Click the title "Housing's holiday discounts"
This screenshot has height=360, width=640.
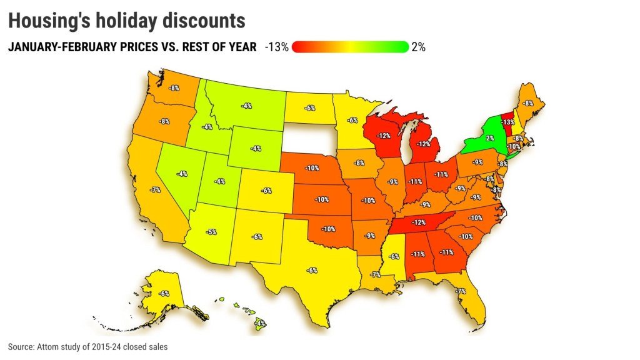click(126, 20)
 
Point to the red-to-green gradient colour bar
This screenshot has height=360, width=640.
click(350, 47)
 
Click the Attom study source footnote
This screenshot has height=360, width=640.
click(87, 346)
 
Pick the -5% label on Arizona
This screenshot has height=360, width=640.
click(212, 232)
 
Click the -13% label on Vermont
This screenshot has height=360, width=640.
click(507, 122)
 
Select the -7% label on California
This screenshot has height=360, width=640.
click(153, 189)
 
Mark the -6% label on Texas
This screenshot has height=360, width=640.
click(312, 270)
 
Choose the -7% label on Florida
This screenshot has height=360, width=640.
click(461, 291)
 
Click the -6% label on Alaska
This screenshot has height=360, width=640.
click(164, 293)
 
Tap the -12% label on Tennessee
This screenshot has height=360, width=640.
click(418, 222)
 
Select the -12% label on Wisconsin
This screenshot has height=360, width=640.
click(384, 135)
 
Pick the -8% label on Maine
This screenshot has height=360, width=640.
click(529, 103)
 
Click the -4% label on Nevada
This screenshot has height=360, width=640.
click(182, 174)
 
